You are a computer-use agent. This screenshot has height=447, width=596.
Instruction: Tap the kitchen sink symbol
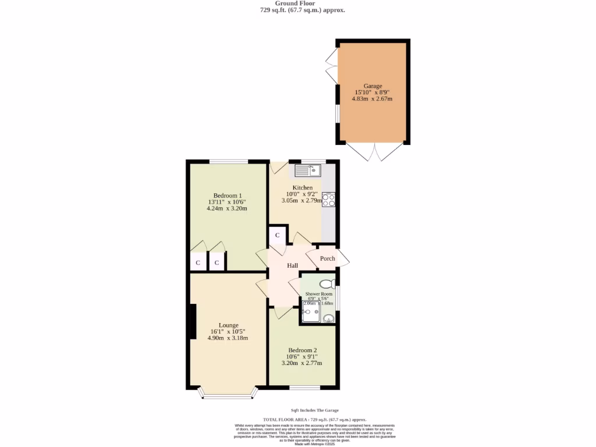[x=307, y=171]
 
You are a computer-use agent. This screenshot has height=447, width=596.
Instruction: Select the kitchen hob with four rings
[x=329, y=200]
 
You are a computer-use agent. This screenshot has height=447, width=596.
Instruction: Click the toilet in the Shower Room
[x=327, y=284]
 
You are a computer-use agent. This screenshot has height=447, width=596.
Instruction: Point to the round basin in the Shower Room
[x=329, y=318]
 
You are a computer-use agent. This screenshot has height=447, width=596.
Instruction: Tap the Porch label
[x=328, y=258]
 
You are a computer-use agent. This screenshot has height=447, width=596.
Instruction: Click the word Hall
[x=292, y=266]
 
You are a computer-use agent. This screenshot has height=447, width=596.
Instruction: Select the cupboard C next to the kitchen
[x=277, y=236]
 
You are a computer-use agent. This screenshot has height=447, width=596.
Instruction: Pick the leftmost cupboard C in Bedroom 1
[x=198, y=262]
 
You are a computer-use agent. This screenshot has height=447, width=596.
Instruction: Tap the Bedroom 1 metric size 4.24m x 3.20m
[x=227, y=208]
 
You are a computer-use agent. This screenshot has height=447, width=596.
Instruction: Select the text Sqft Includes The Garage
[x=314, y=410]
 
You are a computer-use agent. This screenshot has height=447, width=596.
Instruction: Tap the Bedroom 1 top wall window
[x=228, y=161]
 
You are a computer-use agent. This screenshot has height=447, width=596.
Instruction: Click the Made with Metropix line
[x=314, y=444]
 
